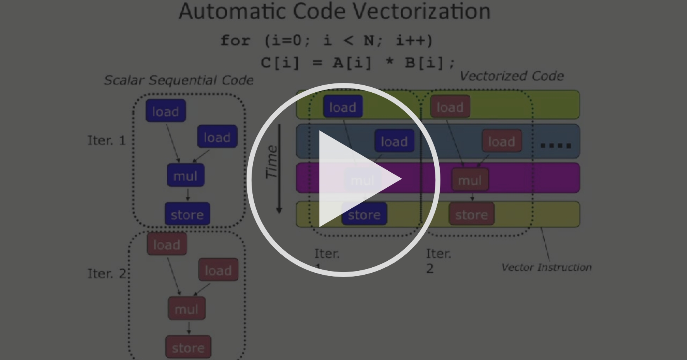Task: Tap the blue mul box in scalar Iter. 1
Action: click(185, 176)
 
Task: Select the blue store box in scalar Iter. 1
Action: click(187, 214)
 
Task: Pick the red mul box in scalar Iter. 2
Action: click(186, 309)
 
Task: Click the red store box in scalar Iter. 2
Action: click(188, 347)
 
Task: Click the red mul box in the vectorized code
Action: click(470, 180)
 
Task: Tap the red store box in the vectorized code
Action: click(471, 214)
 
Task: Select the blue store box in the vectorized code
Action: click(364, 214)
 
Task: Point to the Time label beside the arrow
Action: click(272, 162)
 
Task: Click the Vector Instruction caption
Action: click(546, 267)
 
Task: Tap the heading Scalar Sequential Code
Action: click(179, 80)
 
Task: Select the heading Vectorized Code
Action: click(511, 76)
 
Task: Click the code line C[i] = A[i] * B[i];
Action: click(358, 62)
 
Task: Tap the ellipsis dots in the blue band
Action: click(556, 145)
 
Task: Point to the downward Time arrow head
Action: click(279, 210)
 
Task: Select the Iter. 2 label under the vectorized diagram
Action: click(438, 260)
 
